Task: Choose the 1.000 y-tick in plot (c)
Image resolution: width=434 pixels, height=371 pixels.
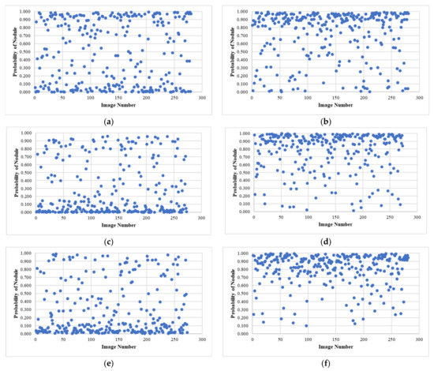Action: (x=24, y=133)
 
